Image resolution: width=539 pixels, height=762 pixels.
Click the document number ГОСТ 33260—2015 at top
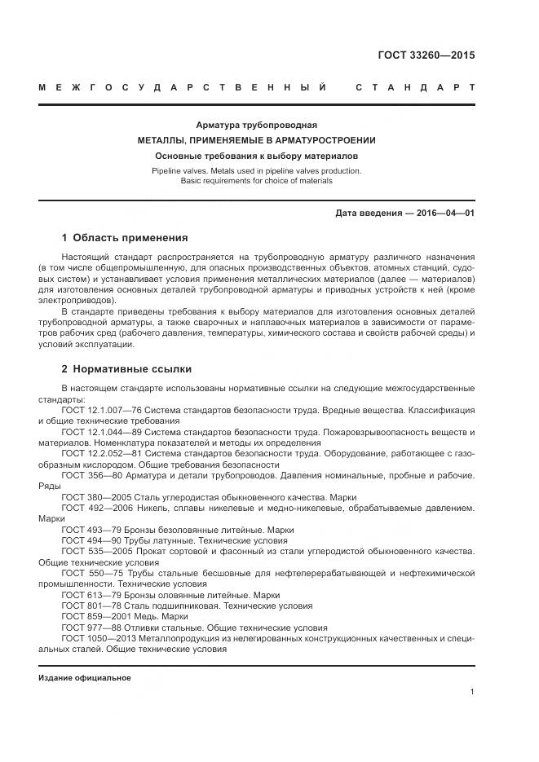[426, 55]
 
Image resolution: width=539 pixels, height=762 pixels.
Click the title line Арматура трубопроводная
[256, 126]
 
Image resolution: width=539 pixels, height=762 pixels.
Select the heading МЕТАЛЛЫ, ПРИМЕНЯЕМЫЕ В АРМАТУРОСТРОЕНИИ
[256, 140]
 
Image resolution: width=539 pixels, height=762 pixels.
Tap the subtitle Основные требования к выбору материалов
[256, 155]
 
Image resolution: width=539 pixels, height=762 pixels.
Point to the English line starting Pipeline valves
[256, 171]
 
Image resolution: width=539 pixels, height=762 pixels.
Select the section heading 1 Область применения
[125, 238]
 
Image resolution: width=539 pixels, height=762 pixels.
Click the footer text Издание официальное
[84, 678]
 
